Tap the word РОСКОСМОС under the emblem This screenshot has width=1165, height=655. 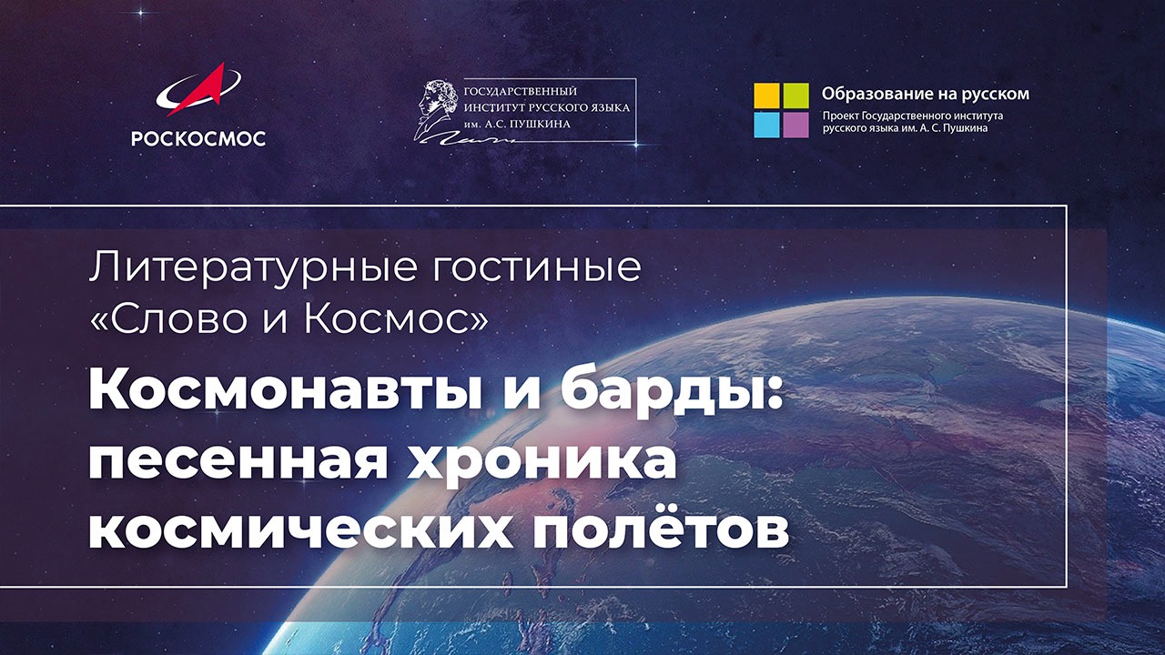[198, 138]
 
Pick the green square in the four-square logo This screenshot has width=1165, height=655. [795, 96]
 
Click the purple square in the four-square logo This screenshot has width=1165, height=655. [795, 125]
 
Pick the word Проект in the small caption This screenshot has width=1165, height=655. [842, 116]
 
